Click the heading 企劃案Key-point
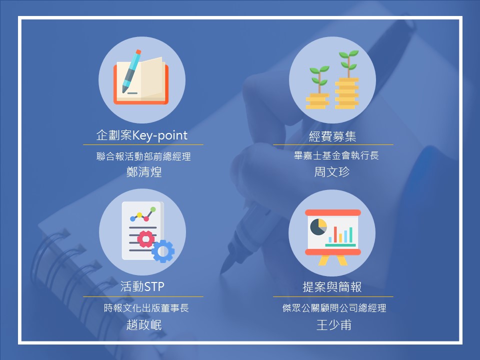pyautogui.click(x=141, y=135)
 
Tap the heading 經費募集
pyautogui.click(x=332, y=136)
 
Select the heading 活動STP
pyautogui.click(x=142, y=286)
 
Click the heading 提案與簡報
pyautogui.click(x=332, y=287)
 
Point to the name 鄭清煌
pyautogui.click(x=144, y=171)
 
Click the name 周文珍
pyautogui.click(x=332, y=171)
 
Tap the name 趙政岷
pyautogui.click(x=144, y=325)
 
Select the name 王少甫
pyautogui.click(x=333, y=325)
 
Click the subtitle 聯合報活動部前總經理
pyautogui.click(x=143, y=156)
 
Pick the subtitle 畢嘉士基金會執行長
pyautogui.click(x=336, y=155)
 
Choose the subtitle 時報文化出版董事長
pyautogui.click(x=146, y=308)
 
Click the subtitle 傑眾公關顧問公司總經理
pyautogui.click(x=334, y=308)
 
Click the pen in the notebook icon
pyautogui.click(x=132, y=71)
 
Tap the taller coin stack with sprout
pyautogui.click(x=347, y=79)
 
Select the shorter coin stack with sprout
pyautogui.click(x=318, y=87)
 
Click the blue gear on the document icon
pyautogui.click(x=163, y=251)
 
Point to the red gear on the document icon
pyautogui.click(x=145, y=239)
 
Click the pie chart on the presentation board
pyautogui.click(x=318, y=227)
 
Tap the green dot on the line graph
pyautogui.click(x=153, y=209)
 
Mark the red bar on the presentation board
pyautogui.click(x=335, y=234)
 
